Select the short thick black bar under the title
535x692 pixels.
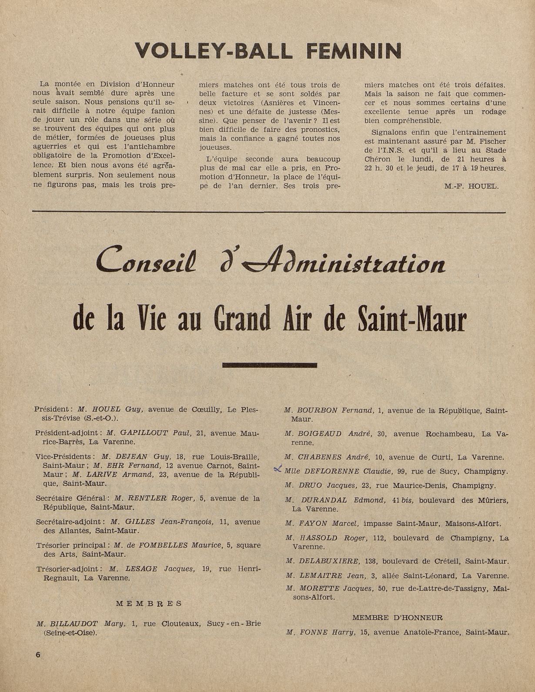coord(269,365)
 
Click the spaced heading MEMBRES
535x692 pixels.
coord(149,604)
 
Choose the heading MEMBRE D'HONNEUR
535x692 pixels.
coord(397,618)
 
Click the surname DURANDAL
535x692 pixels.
coord(323,500)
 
